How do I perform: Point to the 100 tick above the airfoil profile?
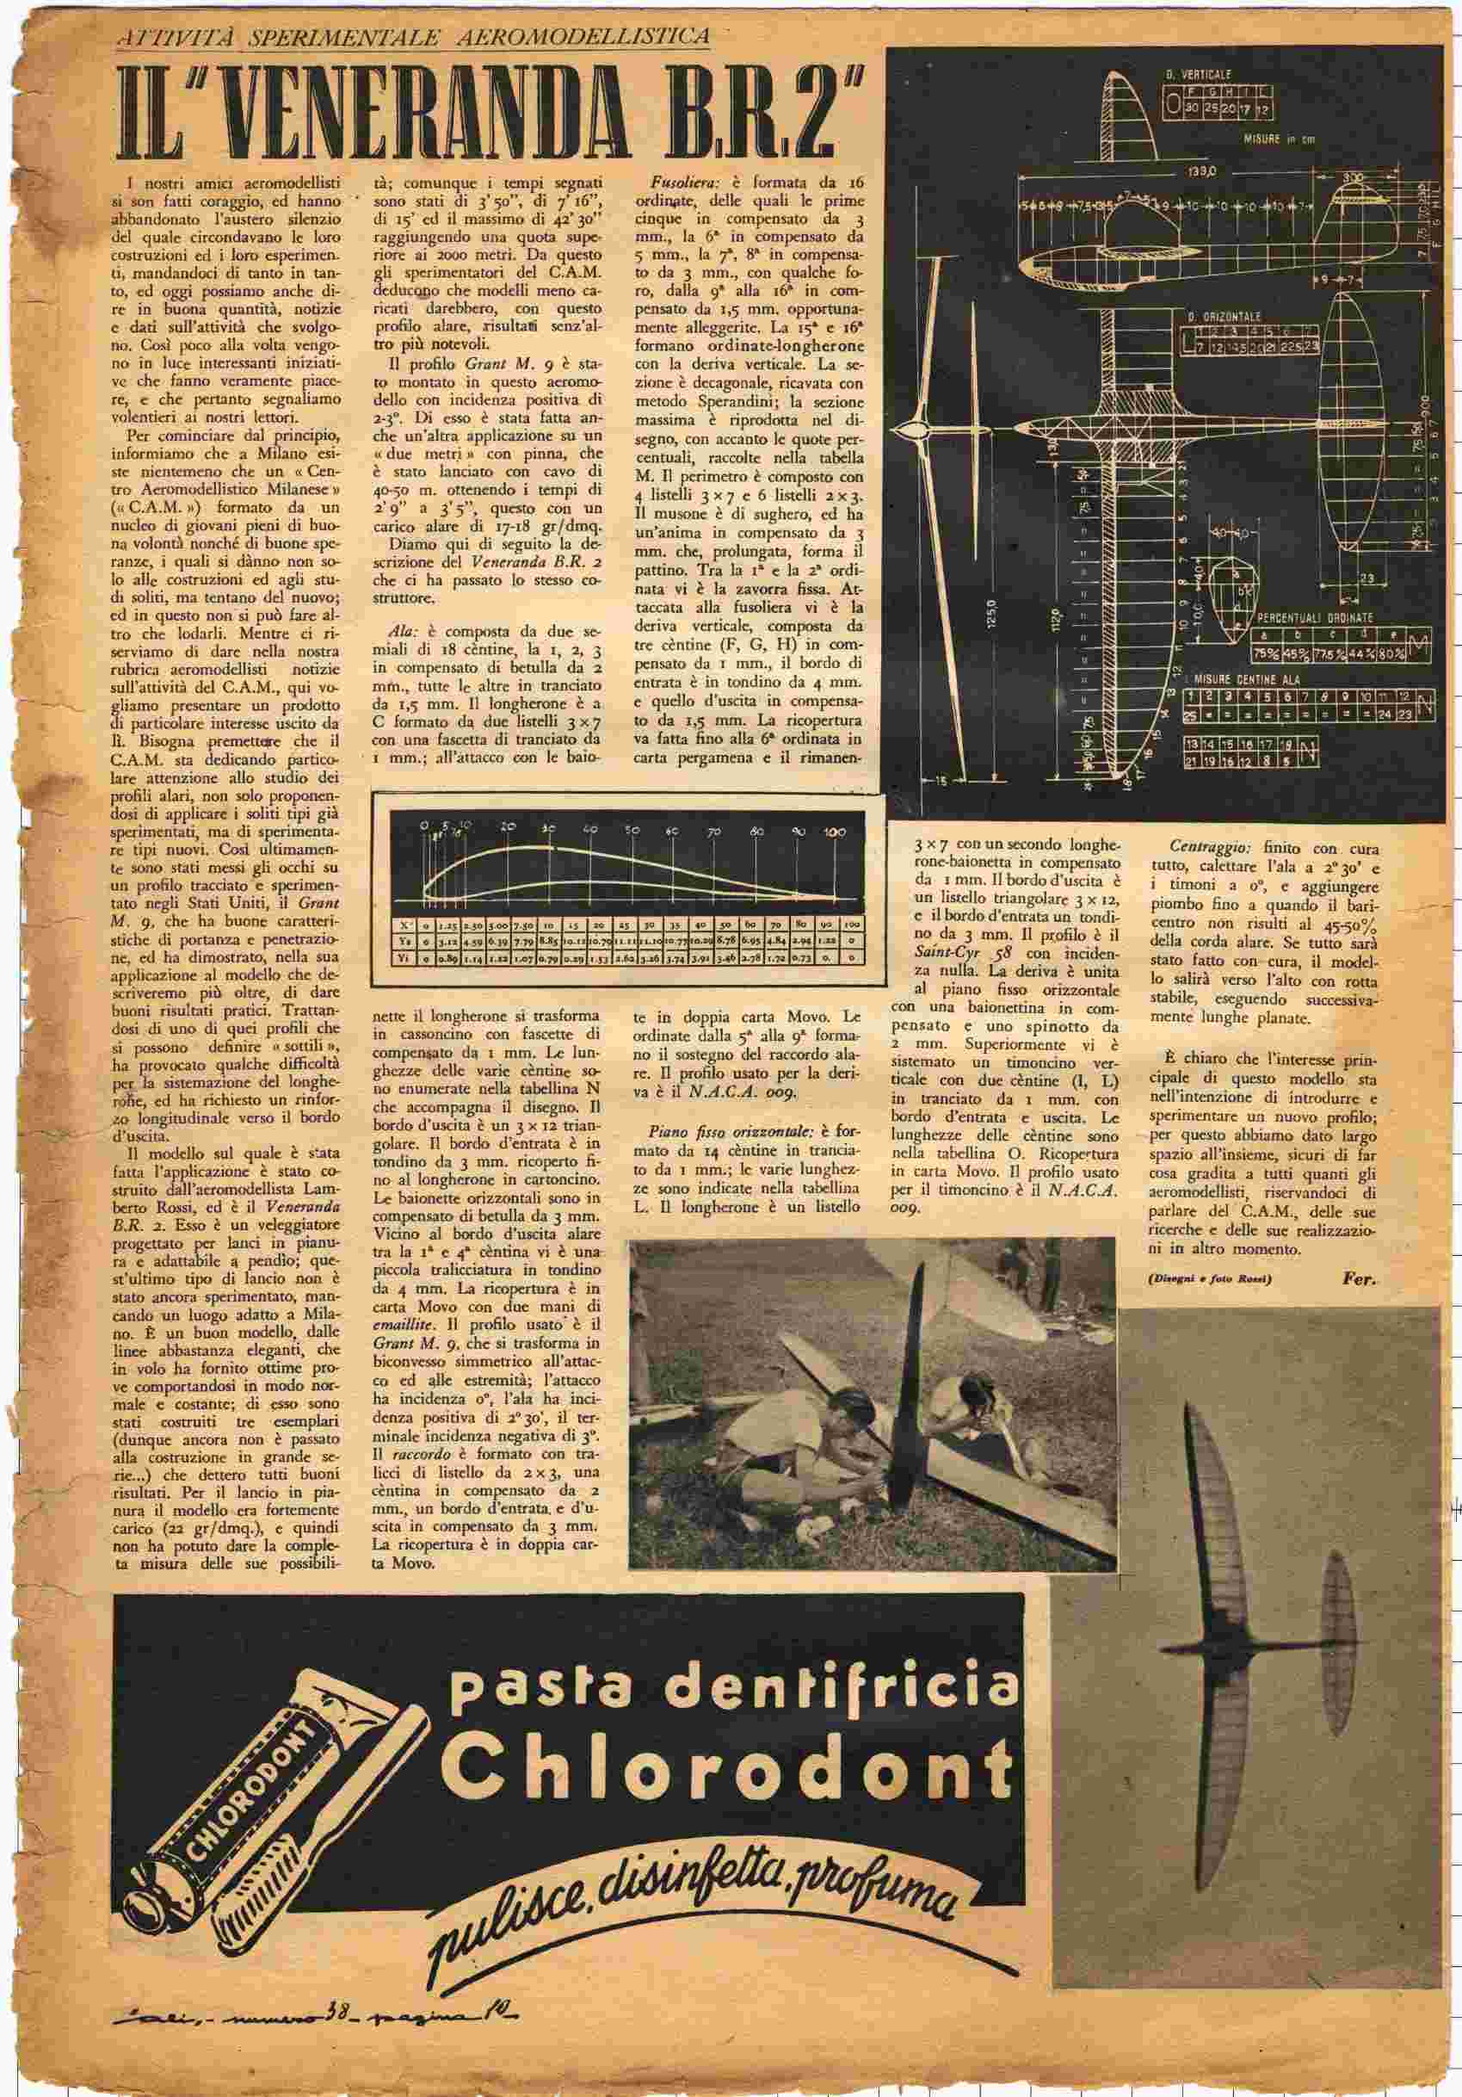[x=834, y=832]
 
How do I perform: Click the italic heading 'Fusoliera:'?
[x=671, y=182]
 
